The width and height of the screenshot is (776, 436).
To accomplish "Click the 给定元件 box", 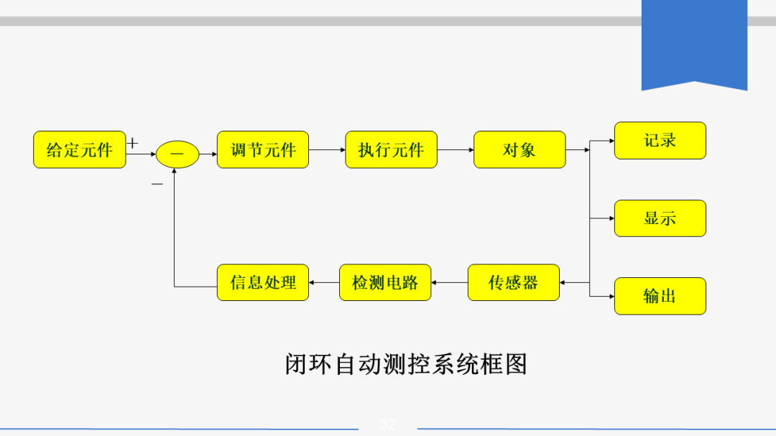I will (80, 149).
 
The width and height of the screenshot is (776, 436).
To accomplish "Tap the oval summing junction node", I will (177, 154).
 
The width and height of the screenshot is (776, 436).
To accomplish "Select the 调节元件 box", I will (263, 149).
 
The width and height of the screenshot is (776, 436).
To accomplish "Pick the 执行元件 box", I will (391, 149).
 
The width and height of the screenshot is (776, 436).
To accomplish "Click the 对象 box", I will (519, 149).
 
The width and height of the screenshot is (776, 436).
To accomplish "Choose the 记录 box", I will (660, 140).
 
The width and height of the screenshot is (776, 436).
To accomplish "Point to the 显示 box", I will (660, 218).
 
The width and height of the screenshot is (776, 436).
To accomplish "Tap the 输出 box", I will (660, 296).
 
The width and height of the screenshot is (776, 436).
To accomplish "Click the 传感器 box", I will (513, 282).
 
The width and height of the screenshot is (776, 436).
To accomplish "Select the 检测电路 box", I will (385, 282).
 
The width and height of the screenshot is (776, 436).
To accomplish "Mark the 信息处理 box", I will (263, 282).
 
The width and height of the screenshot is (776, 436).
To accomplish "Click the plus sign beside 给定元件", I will (132, 143).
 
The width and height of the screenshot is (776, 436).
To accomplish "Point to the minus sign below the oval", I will (157, 184).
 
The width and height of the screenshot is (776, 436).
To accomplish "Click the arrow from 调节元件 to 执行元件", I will (327, 150).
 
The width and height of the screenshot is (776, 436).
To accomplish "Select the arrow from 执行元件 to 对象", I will (456, 150).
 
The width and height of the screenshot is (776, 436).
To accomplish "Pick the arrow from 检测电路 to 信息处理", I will (324, 282).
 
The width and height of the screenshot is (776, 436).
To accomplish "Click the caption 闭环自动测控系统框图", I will (406, 363).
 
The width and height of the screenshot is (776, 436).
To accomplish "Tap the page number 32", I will (388, 425).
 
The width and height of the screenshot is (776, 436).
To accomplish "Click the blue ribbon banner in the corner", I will (694, 43).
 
